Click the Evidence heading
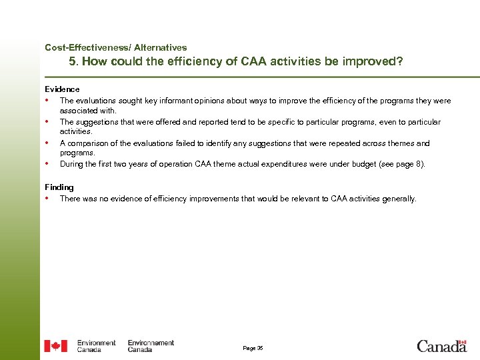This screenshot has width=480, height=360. tap(62, 89)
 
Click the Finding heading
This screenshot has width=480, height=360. tap(59, 187)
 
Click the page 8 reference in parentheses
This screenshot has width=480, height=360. tap(407, 164)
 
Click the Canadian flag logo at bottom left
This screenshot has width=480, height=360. tap(56, 346)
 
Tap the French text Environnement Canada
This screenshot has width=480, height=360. tap(150, 346)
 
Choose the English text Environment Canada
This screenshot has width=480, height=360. tap(96, 346)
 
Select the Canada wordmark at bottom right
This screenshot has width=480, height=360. tap(441, 347)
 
